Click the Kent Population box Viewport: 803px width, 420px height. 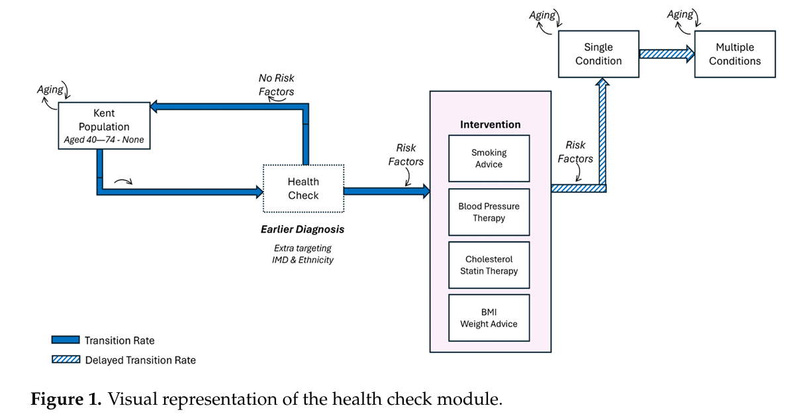pos(104,126)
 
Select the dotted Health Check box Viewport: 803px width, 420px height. pos(303,189)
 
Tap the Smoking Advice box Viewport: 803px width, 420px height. pos(489,158)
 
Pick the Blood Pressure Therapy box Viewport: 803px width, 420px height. pos(489,212)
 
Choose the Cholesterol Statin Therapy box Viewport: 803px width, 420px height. pos(489,265)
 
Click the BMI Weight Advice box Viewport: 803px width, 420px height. pos(489,318)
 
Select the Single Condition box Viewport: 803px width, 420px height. pos(598,54)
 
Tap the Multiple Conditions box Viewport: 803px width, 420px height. pos(734,54)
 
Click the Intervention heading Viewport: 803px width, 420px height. pos(490,125)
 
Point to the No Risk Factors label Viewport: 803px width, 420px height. pos(276,85)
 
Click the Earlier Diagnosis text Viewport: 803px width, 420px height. pos(303,230)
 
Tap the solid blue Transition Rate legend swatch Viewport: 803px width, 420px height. pos(65,340)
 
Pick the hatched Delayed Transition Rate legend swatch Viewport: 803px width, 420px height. pos(65,360)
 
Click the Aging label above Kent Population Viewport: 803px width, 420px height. pos(50,89)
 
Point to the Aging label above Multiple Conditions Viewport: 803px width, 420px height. pos(679,15)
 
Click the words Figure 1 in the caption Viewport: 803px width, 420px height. pos(66,399)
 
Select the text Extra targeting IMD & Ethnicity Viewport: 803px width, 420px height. pos(303,254)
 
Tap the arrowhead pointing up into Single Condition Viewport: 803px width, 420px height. pos(602,84)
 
